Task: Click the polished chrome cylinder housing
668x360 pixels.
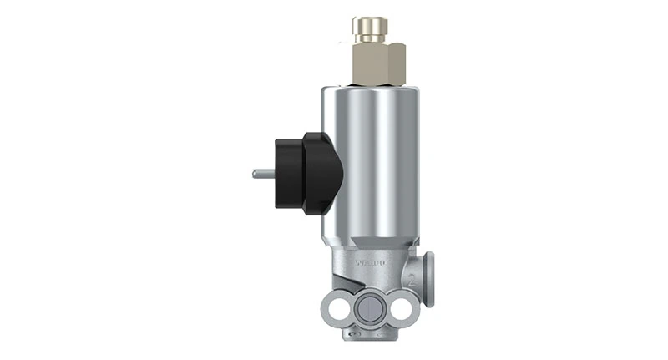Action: tap(372, 159)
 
